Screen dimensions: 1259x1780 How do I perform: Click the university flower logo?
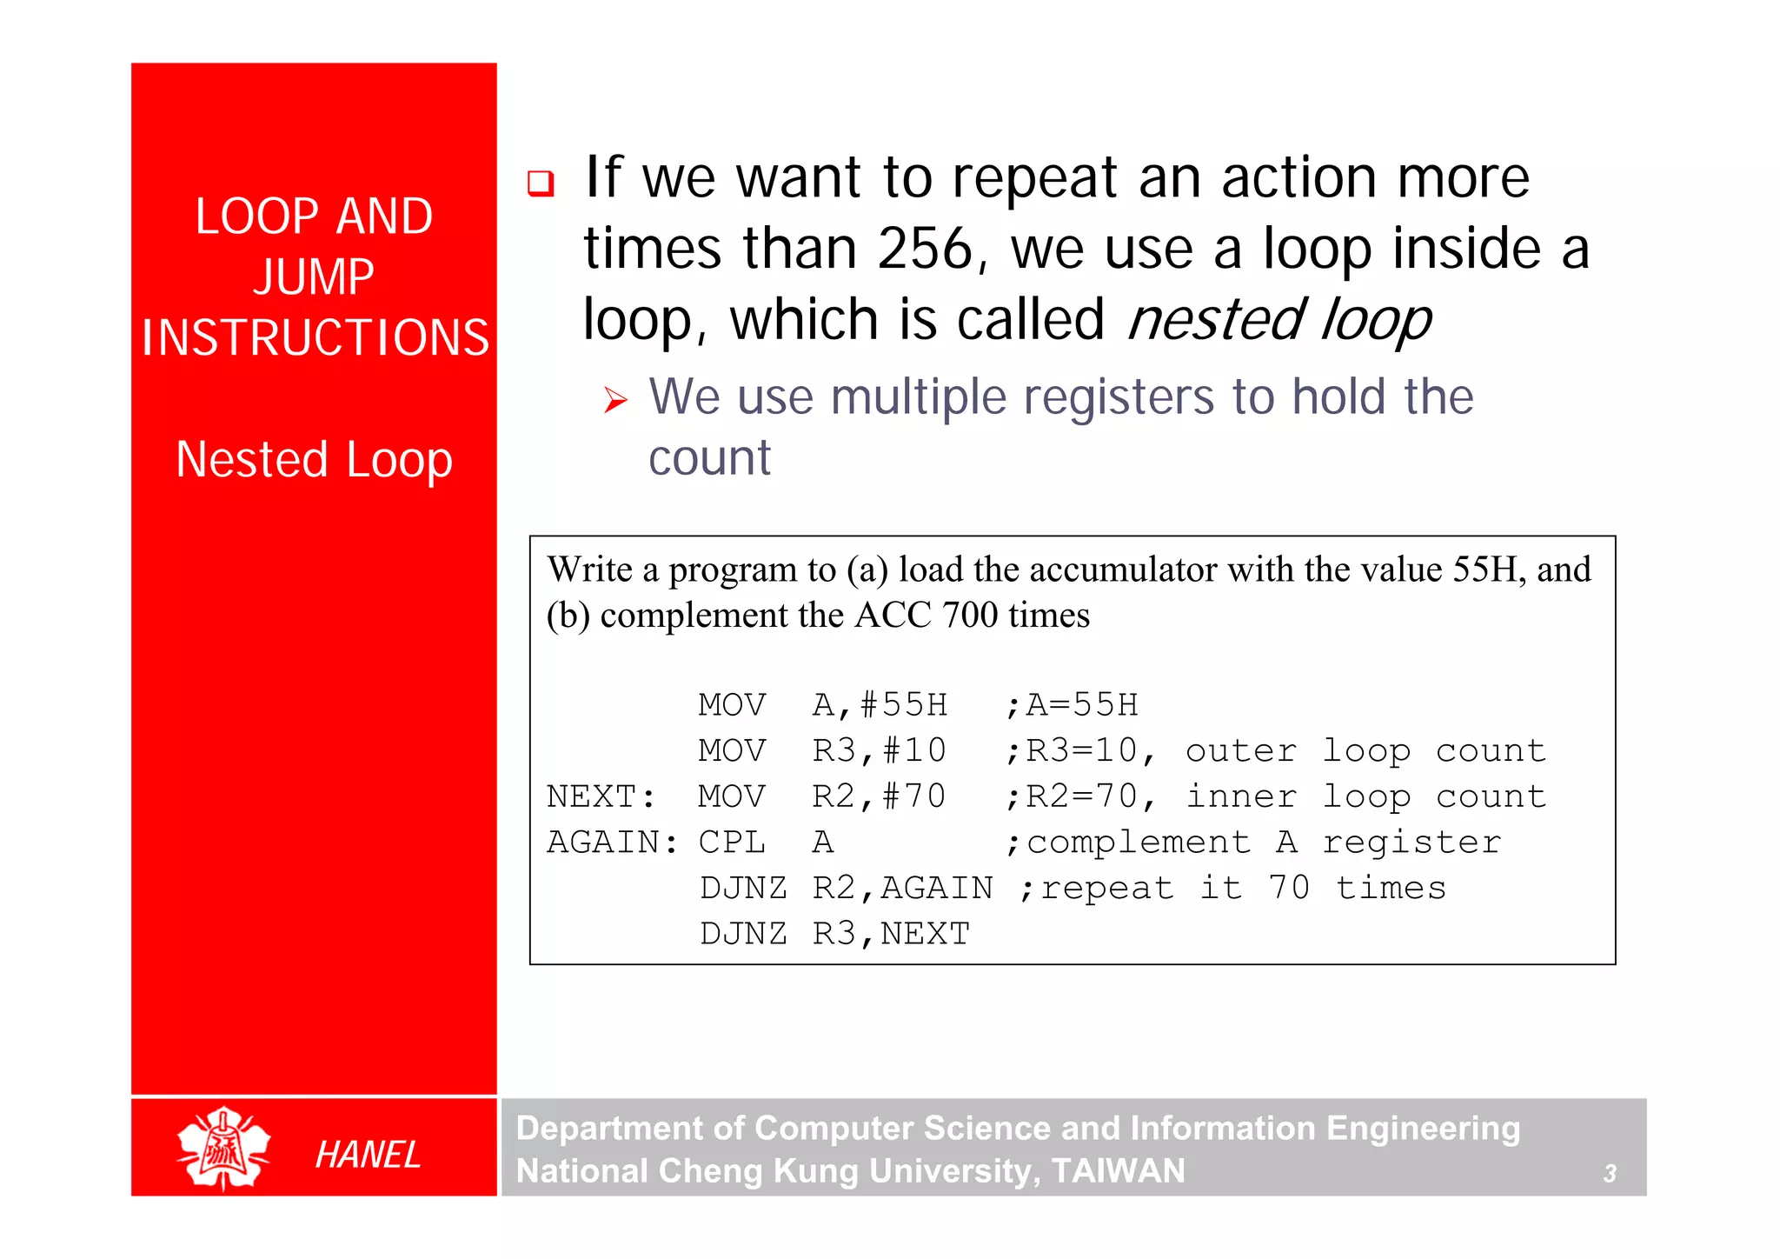tap(223, 1148)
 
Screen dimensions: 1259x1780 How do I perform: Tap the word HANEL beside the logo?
tap(368, 1155)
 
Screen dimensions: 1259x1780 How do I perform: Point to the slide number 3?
tap(1610, 1174)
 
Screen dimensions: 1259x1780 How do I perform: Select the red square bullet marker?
tap(541, 183)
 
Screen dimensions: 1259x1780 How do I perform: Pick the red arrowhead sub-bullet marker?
tap(615, 401)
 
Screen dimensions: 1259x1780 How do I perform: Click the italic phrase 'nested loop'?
tap(1279, 320)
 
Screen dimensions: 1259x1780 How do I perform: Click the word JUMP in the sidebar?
tap(314, 277)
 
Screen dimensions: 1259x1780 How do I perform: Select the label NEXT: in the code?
tap(601, 796)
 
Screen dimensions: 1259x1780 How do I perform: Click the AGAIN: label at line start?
tap(612, 843)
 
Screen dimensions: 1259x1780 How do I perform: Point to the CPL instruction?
tap(732, 843)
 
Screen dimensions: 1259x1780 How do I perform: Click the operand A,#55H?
tap(880, 705)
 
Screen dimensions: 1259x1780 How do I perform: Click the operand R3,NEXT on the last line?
tap(891, 934)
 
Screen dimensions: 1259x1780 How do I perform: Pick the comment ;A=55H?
tap(1072, 705)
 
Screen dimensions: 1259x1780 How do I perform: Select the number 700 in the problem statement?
tap(970, 616)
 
